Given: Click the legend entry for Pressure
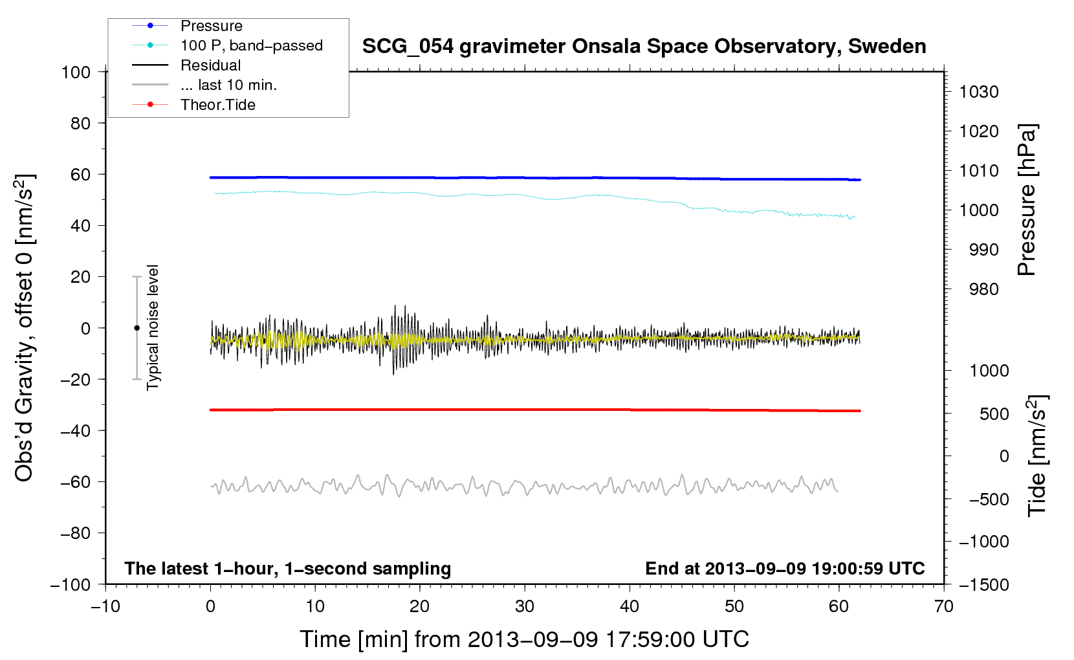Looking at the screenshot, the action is (x=188, y=25).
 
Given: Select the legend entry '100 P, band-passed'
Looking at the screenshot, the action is (x=227, y=45).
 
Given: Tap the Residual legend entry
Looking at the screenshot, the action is (x=186, y=65).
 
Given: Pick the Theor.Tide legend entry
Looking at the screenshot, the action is (x=193, y=105).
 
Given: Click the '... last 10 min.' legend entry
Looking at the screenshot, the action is (x=204, y=85).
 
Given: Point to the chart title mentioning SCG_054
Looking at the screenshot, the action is (x=644, y=47).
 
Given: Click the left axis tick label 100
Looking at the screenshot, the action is (x=76, y=72).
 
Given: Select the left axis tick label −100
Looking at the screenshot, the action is (x=71, y=585).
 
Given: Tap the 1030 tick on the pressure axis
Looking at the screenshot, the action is (x=979, y=92).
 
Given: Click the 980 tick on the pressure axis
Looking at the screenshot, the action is (x=984, y=289).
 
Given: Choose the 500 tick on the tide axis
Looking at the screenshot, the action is (x=994, y=413).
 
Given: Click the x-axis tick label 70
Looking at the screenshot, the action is (x=943, y=606).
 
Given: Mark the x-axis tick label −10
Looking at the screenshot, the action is (x=105, y=606).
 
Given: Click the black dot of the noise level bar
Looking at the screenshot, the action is (x=137, y=328).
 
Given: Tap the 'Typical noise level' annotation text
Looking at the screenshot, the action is (x=153, y=327).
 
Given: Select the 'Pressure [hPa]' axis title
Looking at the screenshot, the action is (x=1027, y=200).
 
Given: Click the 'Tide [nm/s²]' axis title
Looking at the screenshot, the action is (x=1037, y=456).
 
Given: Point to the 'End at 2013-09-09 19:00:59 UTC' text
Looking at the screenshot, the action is (x=785, y=568).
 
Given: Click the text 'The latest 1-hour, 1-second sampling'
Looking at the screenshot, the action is (x=288, y=569).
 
